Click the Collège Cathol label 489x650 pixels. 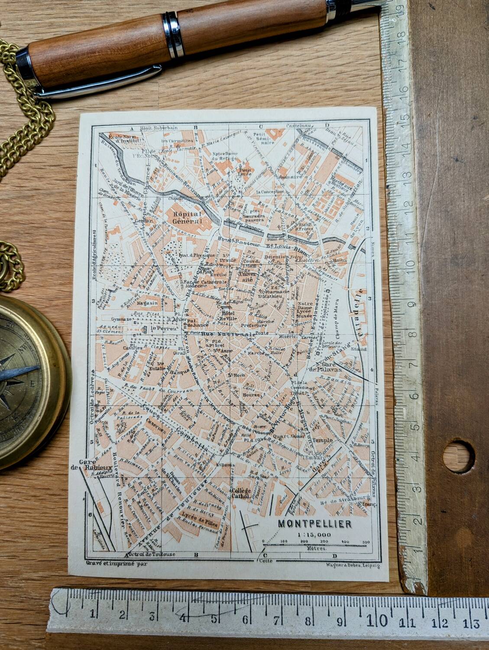[242, 493]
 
